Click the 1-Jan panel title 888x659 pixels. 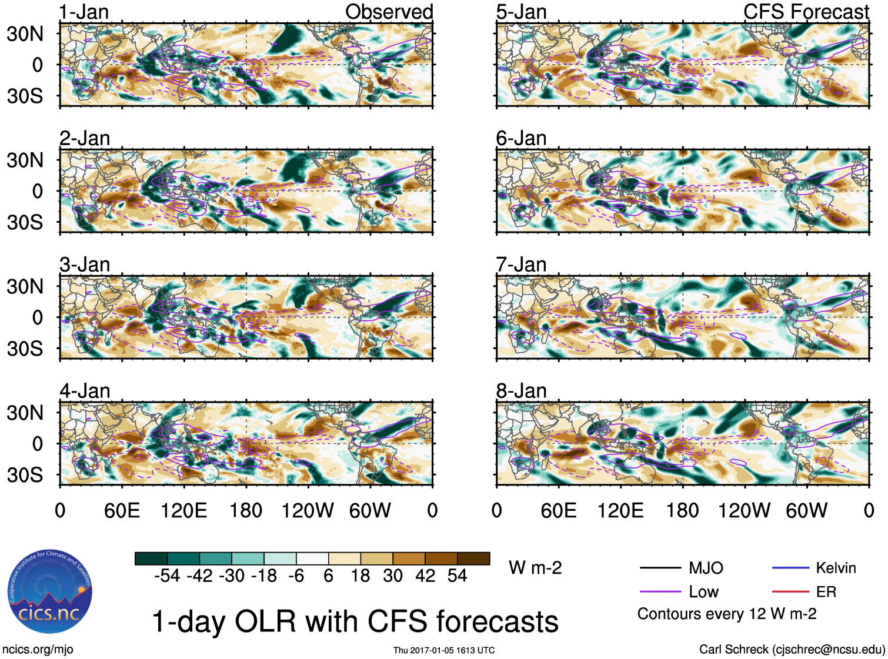pyautogui.click(x=84, y=12)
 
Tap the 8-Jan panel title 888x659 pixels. pyautogui.click(x=521, y=391)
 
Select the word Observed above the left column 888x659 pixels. pyautogui.click(x=389, y=12)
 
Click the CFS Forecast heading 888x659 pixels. pyautogui.click(x=806, y=12)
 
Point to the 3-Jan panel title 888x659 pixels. pyautogui.click(x=85, y=265)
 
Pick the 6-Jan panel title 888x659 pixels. pyautogui.click(x=521, y=138)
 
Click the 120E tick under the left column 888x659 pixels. pyautogui.click(x=183, y=510)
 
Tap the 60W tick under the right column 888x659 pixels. pyautogui.click(x=806, y=510)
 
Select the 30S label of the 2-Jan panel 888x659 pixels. pyautogui.click(x=25, y=222)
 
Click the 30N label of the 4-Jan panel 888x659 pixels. pyautogui.click(x=25, y=413)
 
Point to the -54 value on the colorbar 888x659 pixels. pyautogui.click(x=167, y=576)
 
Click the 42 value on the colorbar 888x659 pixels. pyautogui.click(x=425, y=576)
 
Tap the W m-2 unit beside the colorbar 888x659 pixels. pyautogui.click(x=535, y=568)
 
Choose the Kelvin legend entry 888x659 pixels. pyautogui.click(x=836, y=568)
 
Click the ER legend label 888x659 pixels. pyautogui.click(x=826, y=592)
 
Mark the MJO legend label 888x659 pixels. pyautogui.click(x=706, y=568)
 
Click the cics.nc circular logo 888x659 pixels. pyautogui.click(x=50, y=592)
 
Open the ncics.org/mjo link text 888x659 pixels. pyautogui.click(x=38, y=650)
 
